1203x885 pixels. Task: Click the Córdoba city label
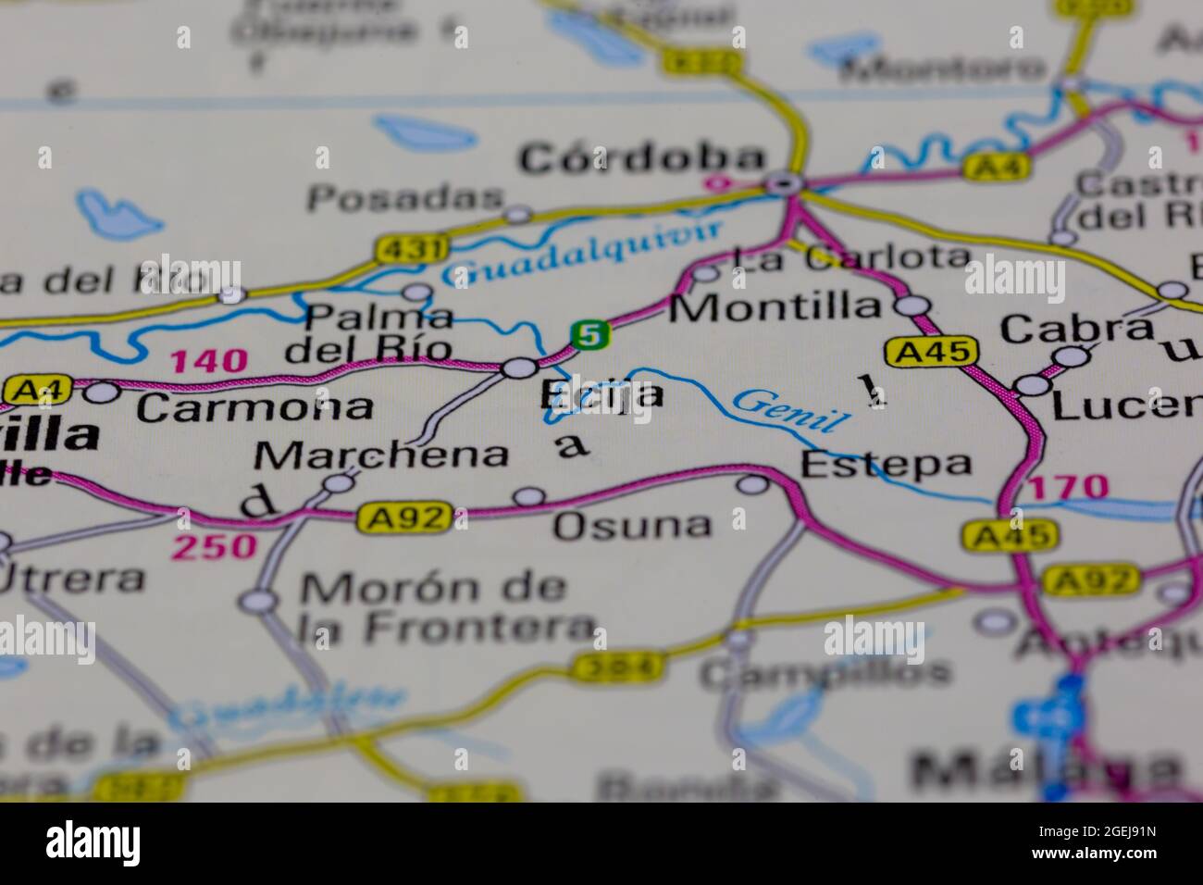tap(642, 159)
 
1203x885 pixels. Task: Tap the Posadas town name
tap(405, 197)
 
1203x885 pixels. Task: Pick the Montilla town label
tap(775, 306)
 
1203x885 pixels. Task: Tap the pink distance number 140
tap(209, 360)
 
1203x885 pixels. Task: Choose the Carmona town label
tap(254, 406)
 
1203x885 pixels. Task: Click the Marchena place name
tap(381, 455)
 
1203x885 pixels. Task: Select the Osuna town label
tap(633, 526)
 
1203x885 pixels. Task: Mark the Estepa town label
tap(886, 463)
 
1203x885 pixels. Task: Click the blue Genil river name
tap(790, 410)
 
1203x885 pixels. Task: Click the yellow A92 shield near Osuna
tap(404, 518)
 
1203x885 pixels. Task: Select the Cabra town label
tap(1077, 328)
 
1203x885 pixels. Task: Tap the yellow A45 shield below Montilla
tap(930, 352)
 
